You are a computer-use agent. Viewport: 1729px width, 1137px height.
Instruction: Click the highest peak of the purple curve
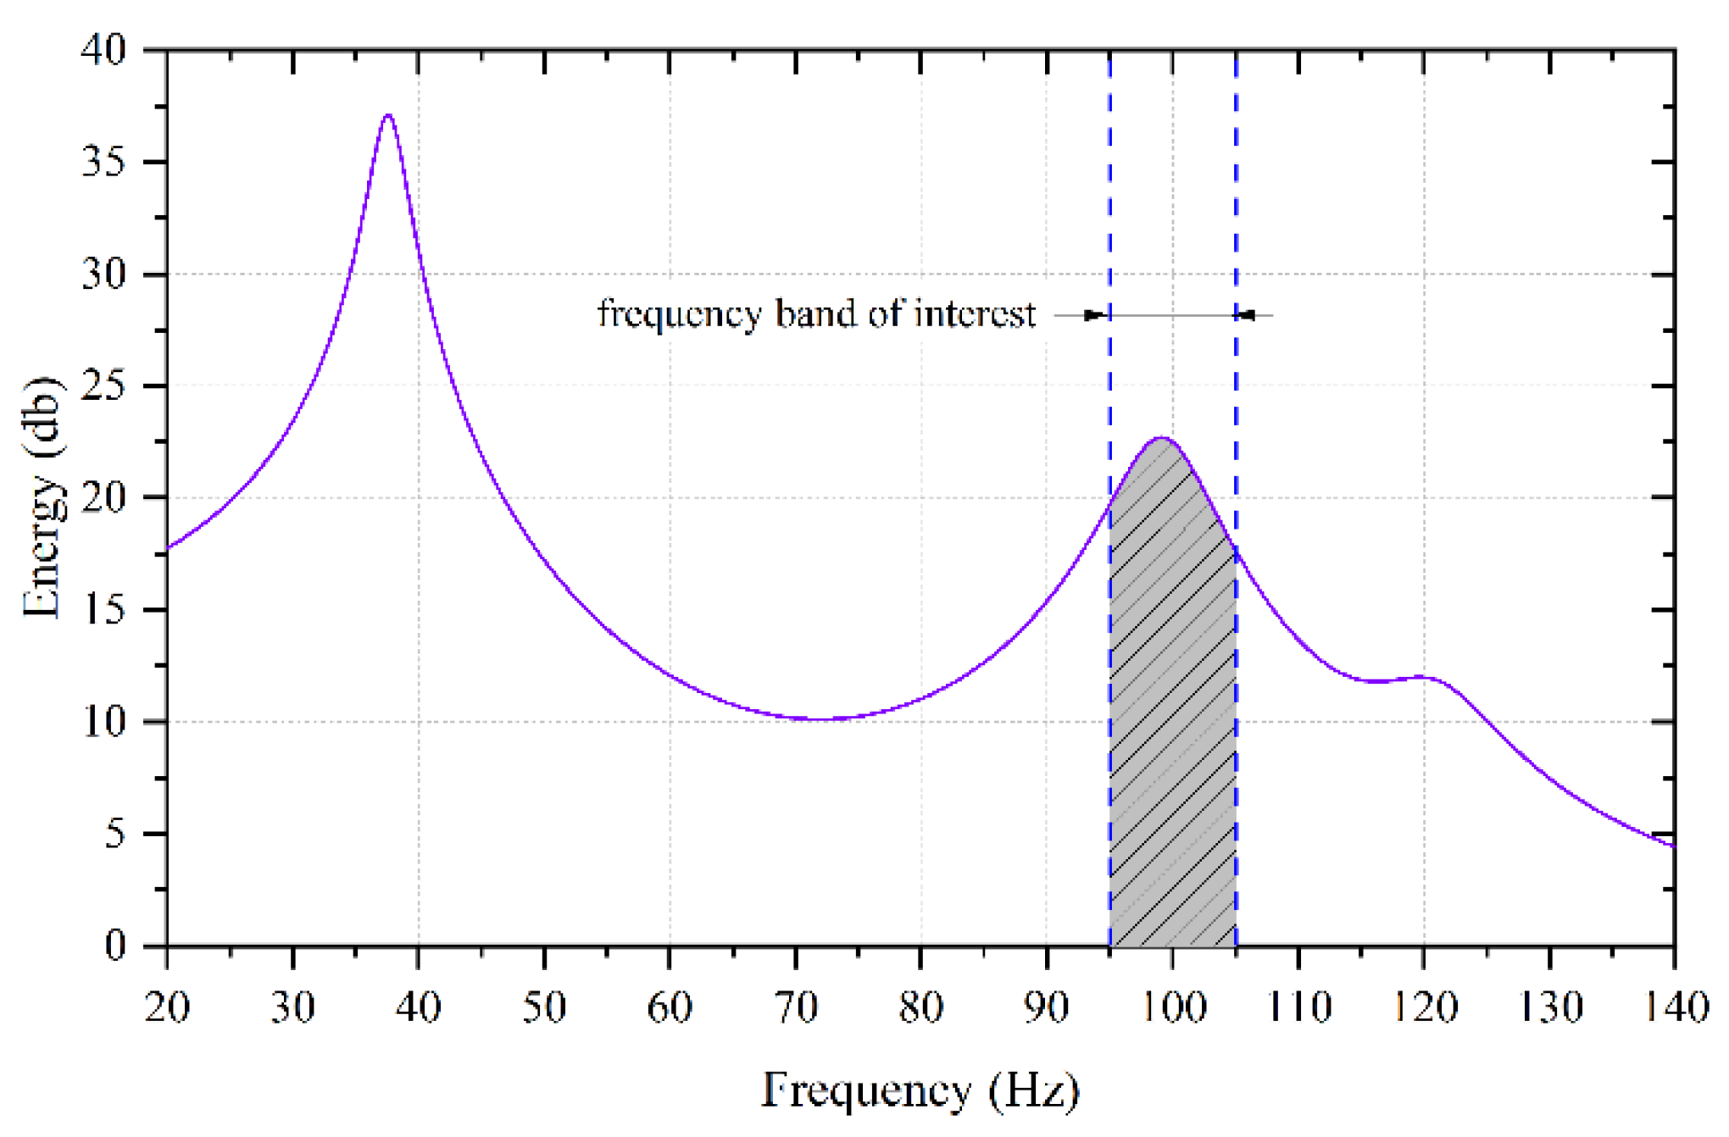[388, 116]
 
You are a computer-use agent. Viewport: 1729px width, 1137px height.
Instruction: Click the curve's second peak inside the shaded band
[1161, 439]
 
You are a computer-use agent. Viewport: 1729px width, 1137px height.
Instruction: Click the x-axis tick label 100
[1172, 1007]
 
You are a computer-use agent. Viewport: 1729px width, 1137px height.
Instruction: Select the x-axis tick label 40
[418, 1007]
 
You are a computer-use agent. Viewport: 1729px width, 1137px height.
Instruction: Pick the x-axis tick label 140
[1675, 1007]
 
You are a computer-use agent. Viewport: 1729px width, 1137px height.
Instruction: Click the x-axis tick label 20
[167, 1007]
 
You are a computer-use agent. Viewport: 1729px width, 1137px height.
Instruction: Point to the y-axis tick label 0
[115, 945]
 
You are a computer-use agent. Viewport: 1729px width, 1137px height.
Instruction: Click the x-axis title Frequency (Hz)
[920, 1090]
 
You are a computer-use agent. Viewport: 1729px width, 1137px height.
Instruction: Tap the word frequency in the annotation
[679, 314]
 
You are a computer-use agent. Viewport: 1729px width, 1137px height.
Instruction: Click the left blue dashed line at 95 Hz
[1110, 212]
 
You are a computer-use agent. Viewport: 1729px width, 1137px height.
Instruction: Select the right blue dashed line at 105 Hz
[1236, 212]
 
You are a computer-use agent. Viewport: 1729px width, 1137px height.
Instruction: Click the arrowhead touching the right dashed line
[1247, 315]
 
